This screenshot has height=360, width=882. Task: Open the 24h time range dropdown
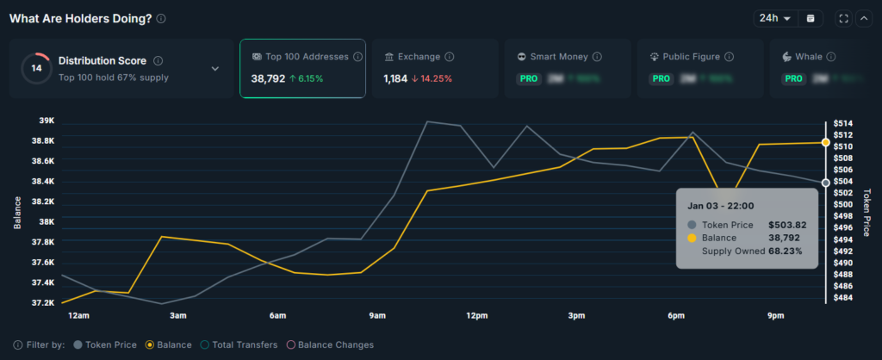click(774, 18)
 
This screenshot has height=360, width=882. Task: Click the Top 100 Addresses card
click(301, 68)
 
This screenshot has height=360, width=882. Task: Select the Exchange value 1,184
click(396, 78)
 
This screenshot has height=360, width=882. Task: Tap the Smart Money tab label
click(559, 57)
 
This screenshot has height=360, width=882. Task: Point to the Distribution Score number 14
click(36, 68)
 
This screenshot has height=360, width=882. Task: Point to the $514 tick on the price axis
click(842, 123)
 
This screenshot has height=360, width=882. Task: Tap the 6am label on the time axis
click(277, 316)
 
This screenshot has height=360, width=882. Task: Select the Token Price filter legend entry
click(105, 344)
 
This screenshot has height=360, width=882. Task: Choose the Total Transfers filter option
click(242, 344)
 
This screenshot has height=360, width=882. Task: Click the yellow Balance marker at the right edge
click(826, 142)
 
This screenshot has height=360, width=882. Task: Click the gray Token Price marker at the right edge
click(826, 183)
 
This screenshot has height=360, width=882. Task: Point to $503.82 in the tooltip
click(787, 225)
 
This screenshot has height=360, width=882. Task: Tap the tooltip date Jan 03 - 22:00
click(721, 206)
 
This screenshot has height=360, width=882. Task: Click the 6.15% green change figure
click(307, 78)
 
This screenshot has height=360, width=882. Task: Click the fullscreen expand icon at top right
click(843, 18)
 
